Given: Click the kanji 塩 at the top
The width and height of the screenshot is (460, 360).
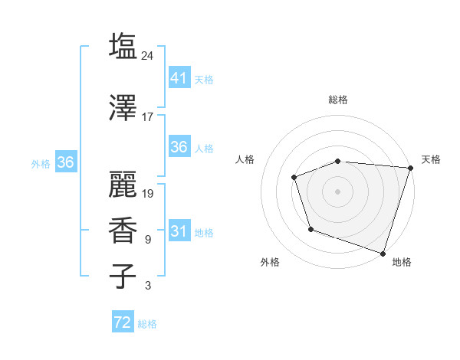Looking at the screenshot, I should [123, 47].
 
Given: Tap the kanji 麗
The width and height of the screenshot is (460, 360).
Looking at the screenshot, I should [123, 183].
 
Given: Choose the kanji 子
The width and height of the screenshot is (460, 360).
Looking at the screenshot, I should [123, 277].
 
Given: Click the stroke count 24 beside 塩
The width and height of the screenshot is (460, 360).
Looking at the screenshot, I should [148, 55].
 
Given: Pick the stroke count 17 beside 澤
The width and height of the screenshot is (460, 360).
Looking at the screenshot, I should [148, 117].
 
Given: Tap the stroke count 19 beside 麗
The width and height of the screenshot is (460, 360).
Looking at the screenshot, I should [148, 193].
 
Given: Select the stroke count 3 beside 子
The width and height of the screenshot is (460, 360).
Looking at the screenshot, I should [148, 286].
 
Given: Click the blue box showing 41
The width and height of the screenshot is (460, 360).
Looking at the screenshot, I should [179, 77].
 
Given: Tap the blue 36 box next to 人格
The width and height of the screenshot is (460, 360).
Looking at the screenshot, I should [179, 147].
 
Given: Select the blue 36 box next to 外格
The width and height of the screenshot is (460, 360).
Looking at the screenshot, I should [65, 162].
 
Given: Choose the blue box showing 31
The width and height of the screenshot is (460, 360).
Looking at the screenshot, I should [179, 231].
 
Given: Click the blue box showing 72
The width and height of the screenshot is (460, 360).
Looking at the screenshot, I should [122, 322].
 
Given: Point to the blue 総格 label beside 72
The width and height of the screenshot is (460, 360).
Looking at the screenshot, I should [147, 324].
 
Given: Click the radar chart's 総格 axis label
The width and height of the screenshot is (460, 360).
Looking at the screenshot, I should [337, 100].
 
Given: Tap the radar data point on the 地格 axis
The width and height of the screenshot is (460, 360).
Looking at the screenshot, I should [383, 253].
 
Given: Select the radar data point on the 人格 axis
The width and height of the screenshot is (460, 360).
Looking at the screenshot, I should [294, 178].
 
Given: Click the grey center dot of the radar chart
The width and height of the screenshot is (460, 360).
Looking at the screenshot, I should [337, 191].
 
